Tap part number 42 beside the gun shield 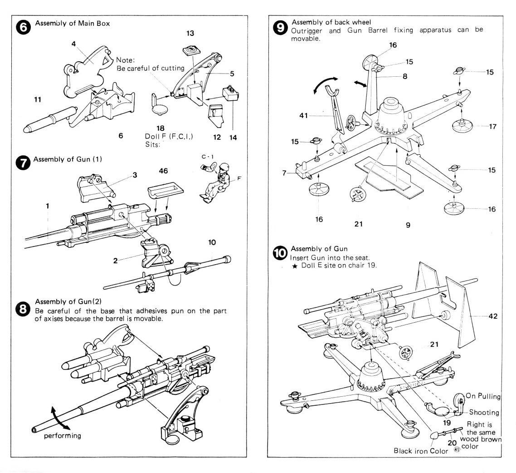[492, 316]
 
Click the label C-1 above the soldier [205, 156]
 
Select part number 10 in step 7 [211, 241]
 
